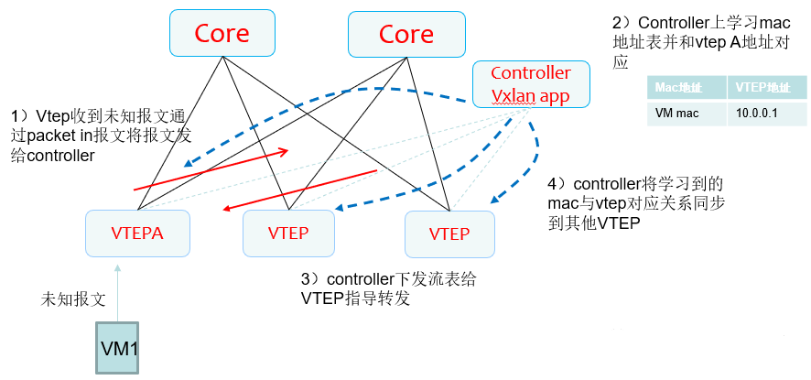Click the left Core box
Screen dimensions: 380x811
[222, 34]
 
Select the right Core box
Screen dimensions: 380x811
[405, 34]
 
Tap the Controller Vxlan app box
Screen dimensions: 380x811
[531, 84]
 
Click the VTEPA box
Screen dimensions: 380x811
[137, 233]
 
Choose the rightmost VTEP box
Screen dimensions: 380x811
[449, 233]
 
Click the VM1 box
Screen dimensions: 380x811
[118, 348]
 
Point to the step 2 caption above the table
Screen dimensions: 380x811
[699, 42]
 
